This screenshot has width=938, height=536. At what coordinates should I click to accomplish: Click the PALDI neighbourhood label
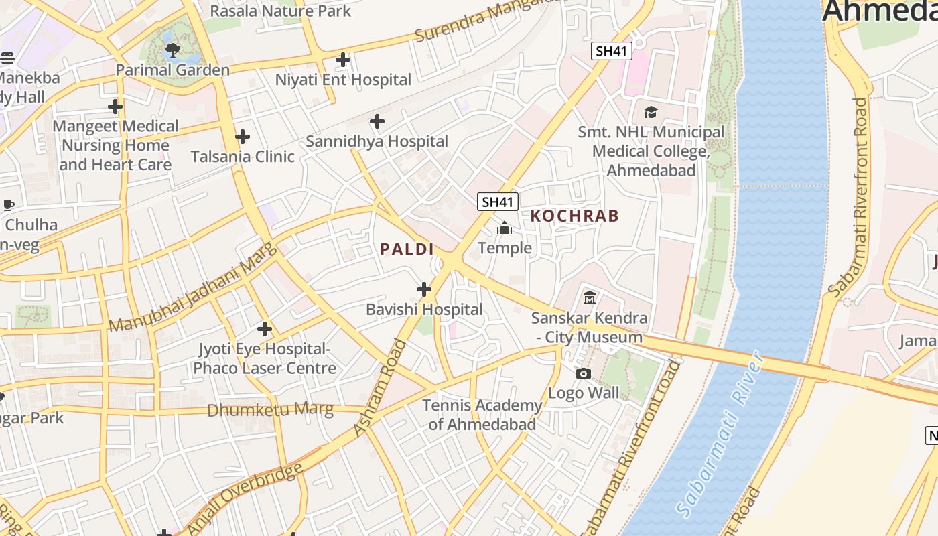pyautogui.click(x=407, y=249)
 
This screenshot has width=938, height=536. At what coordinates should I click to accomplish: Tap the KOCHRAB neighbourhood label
pyautogui.click(x=575, y=216)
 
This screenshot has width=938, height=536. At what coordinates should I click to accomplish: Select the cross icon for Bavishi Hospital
pyautogui.click(x=424, y=289)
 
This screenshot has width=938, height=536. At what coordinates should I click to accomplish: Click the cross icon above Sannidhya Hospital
pyautogui.click(x=377, y=121)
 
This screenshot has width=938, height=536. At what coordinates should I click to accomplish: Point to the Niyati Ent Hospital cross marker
pyautogui.click(x=343, y=60)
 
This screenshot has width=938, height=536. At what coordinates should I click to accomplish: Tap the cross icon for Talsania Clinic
pyautogui.click(x=243, y=137)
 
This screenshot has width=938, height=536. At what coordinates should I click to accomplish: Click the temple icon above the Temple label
pyautogui.click(x=505, y=228)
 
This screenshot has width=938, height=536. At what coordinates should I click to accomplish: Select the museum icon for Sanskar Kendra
pyautogui.click(x=590, y=297)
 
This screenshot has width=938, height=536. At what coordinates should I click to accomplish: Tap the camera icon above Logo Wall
pyautogui.click(x=584, y=373)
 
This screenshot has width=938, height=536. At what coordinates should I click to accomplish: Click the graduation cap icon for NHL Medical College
pyautogui.click(x=651, y=112)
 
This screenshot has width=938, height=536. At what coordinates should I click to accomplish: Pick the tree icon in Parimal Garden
pyautogui.click(x=172, y=49)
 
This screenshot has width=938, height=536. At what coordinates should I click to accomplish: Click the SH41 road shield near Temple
pyautogui.click(x=498, y=202)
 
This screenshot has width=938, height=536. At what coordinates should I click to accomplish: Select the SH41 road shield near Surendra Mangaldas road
pyautogui.click(x=612, y=51)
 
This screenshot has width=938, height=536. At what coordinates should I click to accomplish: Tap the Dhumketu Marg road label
pyautogui.click(x=270, y=409)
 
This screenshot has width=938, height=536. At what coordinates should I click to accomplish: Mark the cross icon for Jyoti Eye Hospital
pyautogui.click(x=265, y=329)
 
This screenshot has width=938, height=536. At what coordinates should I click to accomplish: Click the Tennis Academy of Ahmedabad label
pyautogui.click(x=482, y=415)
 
